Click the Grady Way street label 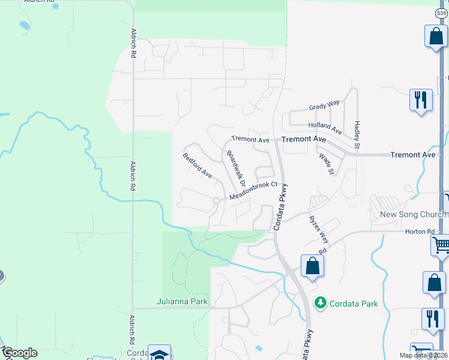click(324, 106)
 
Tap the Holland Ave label click(325, 128)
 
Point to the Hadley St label click(357, 134)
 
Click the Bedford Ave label click(197, 166)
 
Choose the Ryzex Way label click(319, 227)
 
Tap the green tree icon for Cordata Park click(321, 303)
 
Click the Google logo click(19, 353)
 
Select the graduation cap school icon click(159, 355)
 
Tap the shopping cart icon click(441, 244)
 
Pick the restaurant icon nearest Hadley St click(420, 98)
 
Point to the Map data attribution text click(422, 355)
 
